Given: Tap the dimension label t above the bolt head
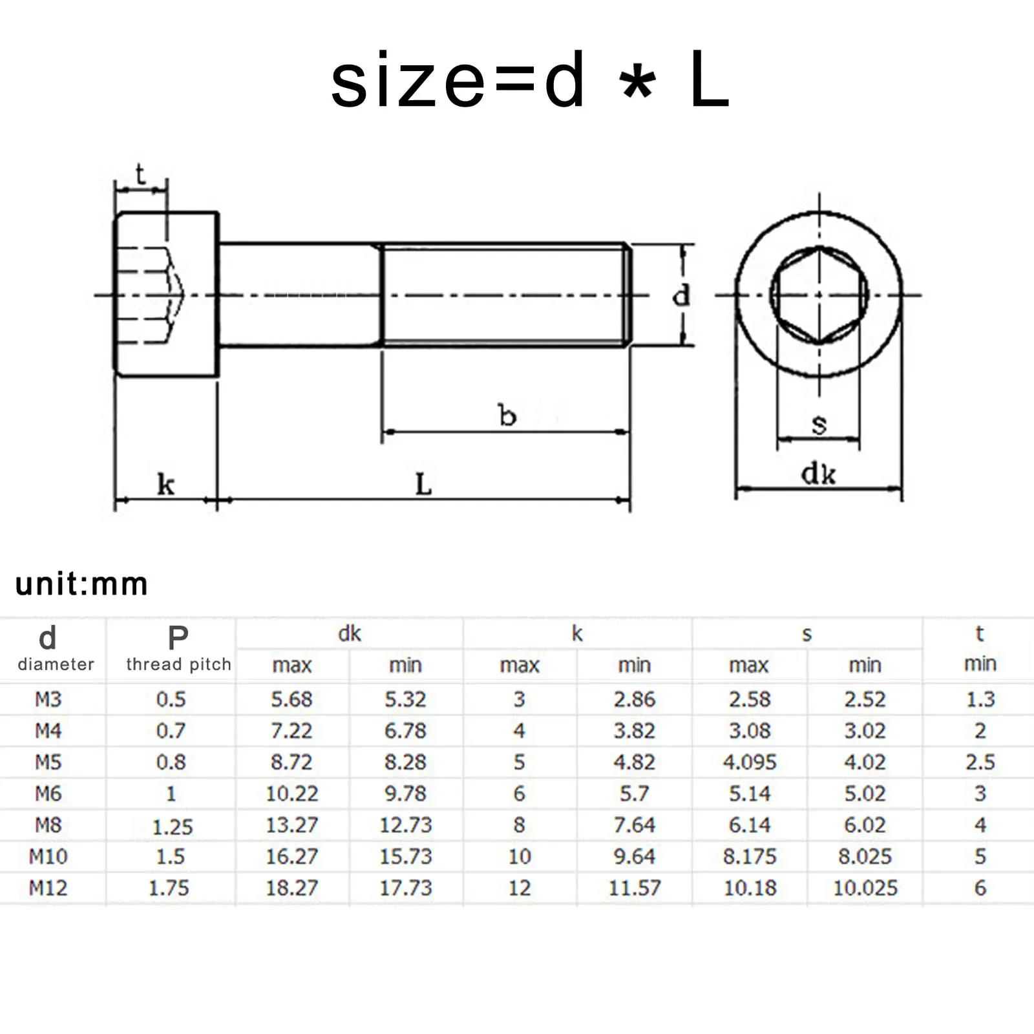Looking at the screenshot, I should coord(140,174).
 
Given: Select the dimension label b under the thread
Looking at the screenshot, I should coord(507,416).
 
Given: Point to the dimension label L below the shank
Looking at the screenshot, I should coord(423,484).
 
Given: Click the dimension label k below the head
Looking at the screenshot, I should coord(165,485).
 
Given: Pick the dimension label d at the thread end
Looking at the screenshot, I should coord(681,296).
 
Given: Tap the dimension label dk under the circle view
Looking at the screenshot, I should coord(818,475).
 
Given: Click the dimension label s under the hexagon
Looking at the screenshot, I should coord(819,425).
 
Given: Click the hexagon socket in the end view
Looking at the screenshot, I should coord(819,295).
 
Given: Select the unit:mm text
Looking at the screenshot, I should coord(81,584).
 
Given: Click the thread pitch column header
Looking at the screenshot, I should coord(178,664).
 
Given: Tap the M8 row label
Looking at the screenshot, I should coord(48,825).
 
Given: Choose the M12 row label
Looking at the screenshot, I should coord(48,888).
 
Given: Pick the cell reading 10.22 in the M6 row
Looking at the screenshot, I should coord(292,794).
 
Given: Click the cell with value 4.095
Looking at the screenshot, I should coord(750,763).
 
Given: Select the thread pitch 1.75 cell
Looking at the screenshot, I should coord(169,888).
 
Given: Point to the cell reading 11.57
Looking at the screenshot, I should coord(635,888).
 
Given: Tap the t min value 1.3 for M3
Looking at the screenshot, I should coord(980,699).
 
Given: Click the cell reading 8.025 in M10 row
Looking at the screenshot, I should coord(865,857).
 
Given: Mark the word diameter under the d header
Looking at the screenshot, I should coord(56,664).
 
